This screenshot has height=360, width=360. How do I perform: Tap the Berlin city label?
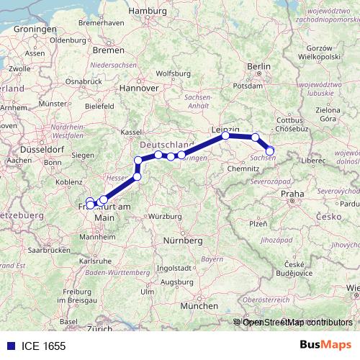(x=258, y=66)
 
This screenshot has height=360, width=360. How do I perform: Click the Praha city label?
(x=292, y=194)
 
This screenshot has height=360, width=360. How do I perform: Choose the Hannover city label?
(x=139, y=88)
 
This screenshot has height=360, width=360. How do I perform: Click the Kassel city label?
(x=131, y=132)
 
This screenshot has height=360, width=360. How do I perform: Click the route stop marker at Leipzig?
(x=225, y=135)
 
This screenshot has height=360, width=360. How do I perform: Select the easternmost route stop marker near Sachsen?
(x=271, y=150)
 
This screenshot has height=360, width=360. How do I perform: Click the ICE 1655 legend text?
(x=44, y=346)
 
